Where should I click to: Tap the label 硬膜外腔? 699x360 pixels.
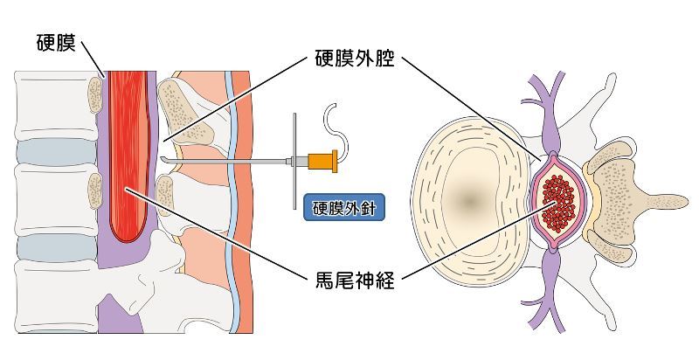tap(354, 60)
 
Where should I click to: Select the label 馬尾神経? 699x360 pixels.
tap(354, 281)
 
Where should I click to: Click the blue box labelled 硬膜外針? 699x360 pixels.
tap(344, 209)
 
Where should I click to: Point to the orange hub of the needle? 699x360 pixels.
tap(322, 160)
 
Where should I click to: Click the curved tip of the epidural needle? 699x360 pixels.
tap(164, 158)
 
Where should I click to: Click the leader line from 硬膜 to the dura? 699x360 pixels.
tap(92, 58)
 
